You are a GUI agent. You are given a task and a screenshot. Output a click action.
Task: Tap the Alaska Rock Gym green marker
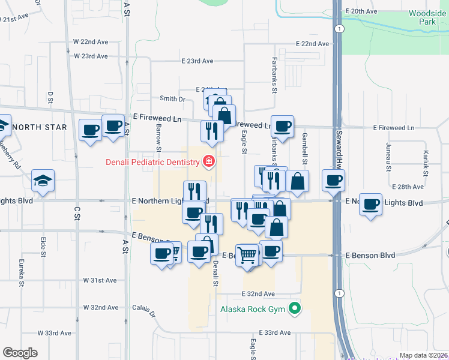click(x=295, y=310)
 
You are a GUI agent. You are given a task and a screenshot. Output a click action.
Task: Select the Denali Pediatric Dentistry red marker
click(x=209, y=161)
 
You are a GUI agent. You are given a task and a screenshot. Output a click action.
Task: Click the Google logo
click(x=20, y=352)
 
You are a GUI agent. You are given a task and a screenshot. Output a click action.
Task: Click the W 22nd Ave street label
click(x=90, y=41)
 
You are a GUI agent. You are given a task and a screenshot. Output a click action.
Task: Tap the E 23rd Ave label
click(x=197, y=61)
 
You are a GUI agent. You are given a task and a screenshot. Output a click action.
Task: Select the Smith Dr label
click(x=172, y=98)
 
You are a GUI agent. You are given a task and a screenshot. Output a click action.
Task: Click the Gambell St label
click(x=305, y=149)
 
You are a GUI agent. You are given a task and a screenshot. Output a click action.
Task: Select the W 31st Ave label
click(x=100, y=280)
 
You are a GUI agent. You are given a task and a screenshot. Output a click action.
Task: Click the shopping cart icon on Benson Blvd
click(x=247, y=255)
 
